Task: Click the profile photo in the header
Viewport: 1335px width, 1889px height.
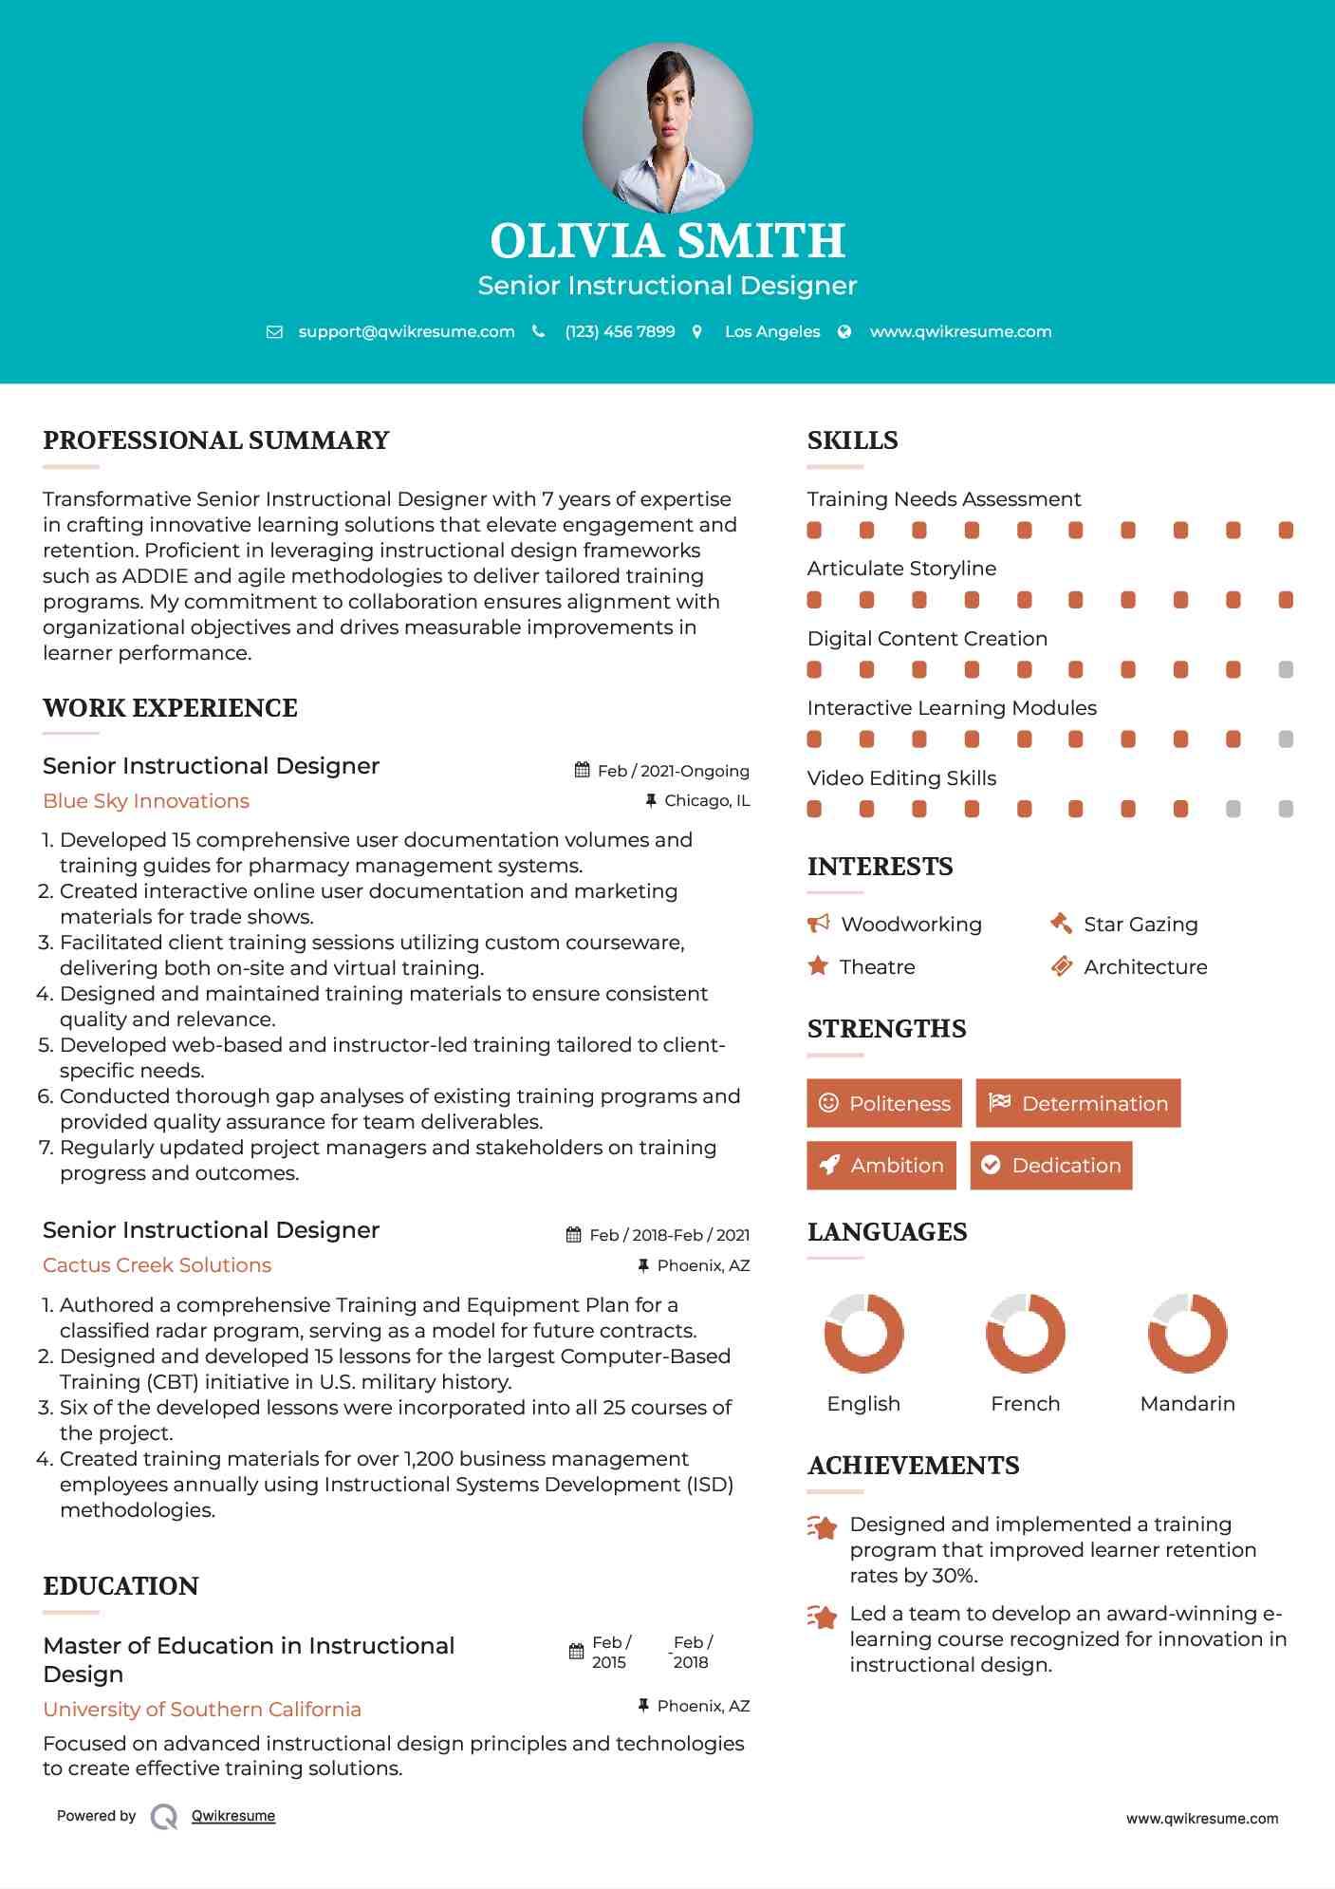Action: (x=667, y=127)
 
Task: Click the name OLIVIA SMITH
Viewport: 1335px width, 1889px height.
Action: (x=667, y=241)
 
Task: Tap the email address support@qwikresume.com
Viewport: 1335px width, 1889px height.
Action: (x=406, y=332)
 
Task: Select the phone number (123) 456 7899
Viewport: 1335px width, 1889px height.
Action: (x=620, y=332)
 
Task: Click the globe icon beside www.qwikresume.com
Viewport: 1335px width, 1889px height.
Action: (x=844, y=332)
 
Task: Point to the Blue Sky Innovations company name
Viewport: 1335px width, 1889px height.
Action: (x=146, y=801)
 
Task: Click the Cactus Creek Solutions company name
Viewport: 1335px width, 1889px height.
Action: (x=157, y=1265)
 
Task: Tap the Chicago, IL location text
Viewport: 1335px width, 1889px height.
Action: (x=707, y=801)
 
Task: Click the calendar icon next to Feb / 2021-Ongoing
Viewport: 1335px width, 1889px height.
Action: (x=583, y=771)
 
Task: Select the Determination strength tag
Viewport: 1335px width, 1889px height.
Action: (x=1078, y=1103)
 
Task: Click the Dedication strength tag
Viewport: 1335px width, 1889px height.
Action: (x=1050, y=1166)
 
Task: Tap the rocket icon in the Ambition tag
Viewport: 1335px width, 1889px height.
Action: (x=829, y=1166)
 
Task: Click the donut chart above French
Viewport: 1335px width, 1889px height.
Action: (x=1025, y=1333)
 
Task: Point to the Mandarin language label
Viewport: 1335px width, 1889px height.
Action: (x=1187, y=1404)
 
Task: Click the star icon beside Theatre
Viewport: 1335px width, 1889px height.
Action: (x=818, y=966)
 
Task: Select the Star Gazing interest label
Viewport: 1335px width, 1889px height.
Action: (x=1140, y=925)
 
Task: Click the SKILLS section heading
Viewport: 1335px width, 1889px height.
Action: (x=852, y=440)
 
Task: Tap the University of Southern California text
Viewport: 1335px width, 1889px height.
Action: (x=202, y=1710)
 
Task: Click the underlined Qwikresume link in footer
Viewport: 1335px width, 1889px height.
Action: (x=233, y=1816)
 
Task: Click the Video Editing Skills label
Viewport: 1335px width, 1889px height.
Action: (x=901, y=778)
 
